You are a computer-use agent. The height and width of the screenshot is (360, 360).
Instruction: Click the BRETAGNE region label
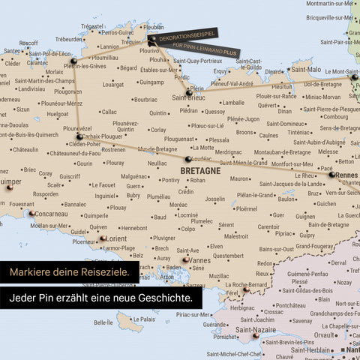pyautogui.click(x=200, y=171)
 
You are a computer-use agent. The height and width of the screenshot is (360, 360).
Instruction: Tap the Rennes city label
pyautogui.click(x=348, y=175)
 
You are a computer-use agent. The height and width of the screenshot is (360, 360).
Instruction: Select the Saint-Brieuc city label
pyautogui.click(x=190, y=97)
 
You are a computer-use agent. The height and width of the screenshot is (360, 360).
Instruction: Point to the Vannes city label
pyautogui.click(x=200, y=260)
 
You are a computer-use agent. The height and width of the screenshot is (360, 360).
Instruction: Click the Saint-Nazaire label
pyautogui.click(x=255, y=329)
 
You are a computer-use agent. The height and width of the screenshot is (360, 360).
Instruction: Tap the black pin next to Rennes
pyautogui.click(x=332, y=174)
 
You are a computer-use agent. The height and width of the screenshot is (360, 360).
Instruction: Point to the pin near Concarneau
pyautogui.click(x=31, y=214)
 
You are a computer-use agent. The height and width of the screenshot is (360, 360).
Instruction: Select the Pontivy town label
pyautogui.click(x=170, y=180)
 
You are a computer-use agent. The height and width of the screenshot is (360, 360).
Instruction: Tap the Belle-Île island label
pyautogui.click(x=104, y=322)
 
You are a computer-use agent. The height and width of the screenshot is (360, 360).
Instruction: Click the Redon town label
pyautogui.click(x=265, y=263)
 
